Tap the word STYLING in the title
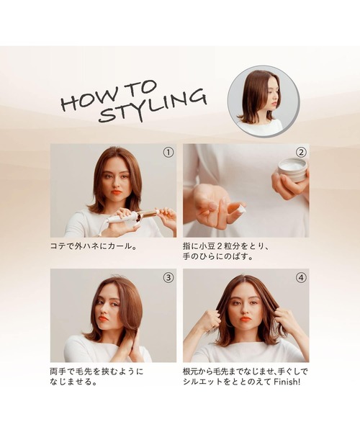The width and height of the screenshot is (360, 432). tap(153, 106)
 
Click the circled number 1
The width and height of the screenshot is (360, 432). tap(168, 152)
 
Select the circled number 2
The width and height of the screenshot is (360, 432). tap(301, 152)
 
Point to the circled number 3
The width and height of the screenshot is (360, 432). tap(168, 277)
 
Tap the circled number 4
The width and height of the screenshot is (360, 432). tap(301, 277)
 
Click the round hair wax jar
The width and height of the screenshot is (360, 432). tap(292, 170)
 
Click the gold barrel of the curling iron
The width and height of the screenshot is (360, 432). tap(150, 214)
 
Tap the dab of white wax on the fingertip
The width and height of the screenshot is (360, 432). tap(240, 209)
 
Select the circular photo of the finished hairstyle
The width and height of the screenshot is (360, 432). tap(264, 102)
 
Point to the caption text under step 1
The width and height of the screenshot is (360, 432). tap(94, 246)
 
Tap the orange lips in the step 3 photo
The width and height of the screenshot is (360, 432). tap(104, 318)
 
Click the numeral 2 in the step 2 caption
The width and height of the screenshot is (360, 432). tap(230, 246)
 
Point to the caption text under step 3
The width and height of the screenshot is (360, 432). tap(96, 377)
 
